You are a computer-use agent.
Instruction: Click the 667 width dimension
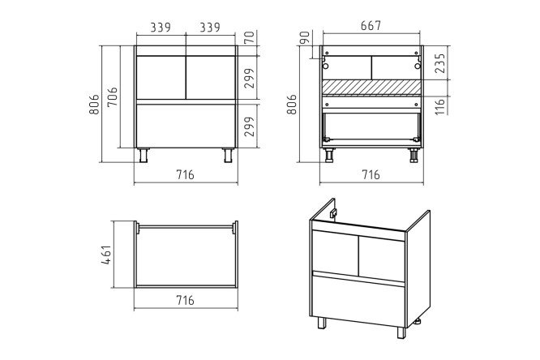click(371, 26)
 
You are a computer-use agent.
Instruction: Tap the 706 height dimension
click(113, 97)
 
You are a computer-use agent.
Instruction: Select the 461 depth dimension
click(107, 255)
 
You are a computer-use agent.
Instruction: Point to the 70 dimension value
click(250, 36)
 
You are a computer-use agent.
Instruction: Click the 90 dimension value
click(305, 37)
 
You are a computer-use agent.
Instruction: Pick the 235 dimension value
click(440, 63)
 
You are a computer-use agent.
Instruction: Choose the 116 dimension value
click(440, 105)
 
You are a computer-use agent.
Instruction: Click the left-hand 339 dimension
click(161, 28)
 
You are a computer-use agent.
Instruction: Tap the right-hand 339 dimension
click(210, 28)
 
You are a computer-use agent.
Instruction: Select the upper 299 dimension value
click(250, 78)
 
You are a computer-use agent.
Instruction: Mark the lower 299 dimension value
click(250, 126)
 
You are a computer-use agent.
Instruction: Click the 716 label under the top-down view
click(186, 300)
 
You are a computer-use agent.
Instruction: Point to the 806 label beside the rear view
click(292, 104)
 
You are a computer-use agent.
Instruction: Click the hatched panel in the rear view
click(371, 87)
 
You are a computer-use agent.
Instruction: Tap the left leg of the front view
click(144, 155)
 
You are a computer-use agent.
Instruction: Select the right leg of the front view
click(228, 155)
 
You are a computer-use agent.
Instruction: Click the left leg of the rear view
click(329, 155)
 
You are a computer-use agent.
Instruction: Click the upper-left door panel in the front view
click(161, 78)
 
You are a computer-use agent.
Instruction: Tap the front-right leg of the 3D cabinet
click(401, 332)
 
